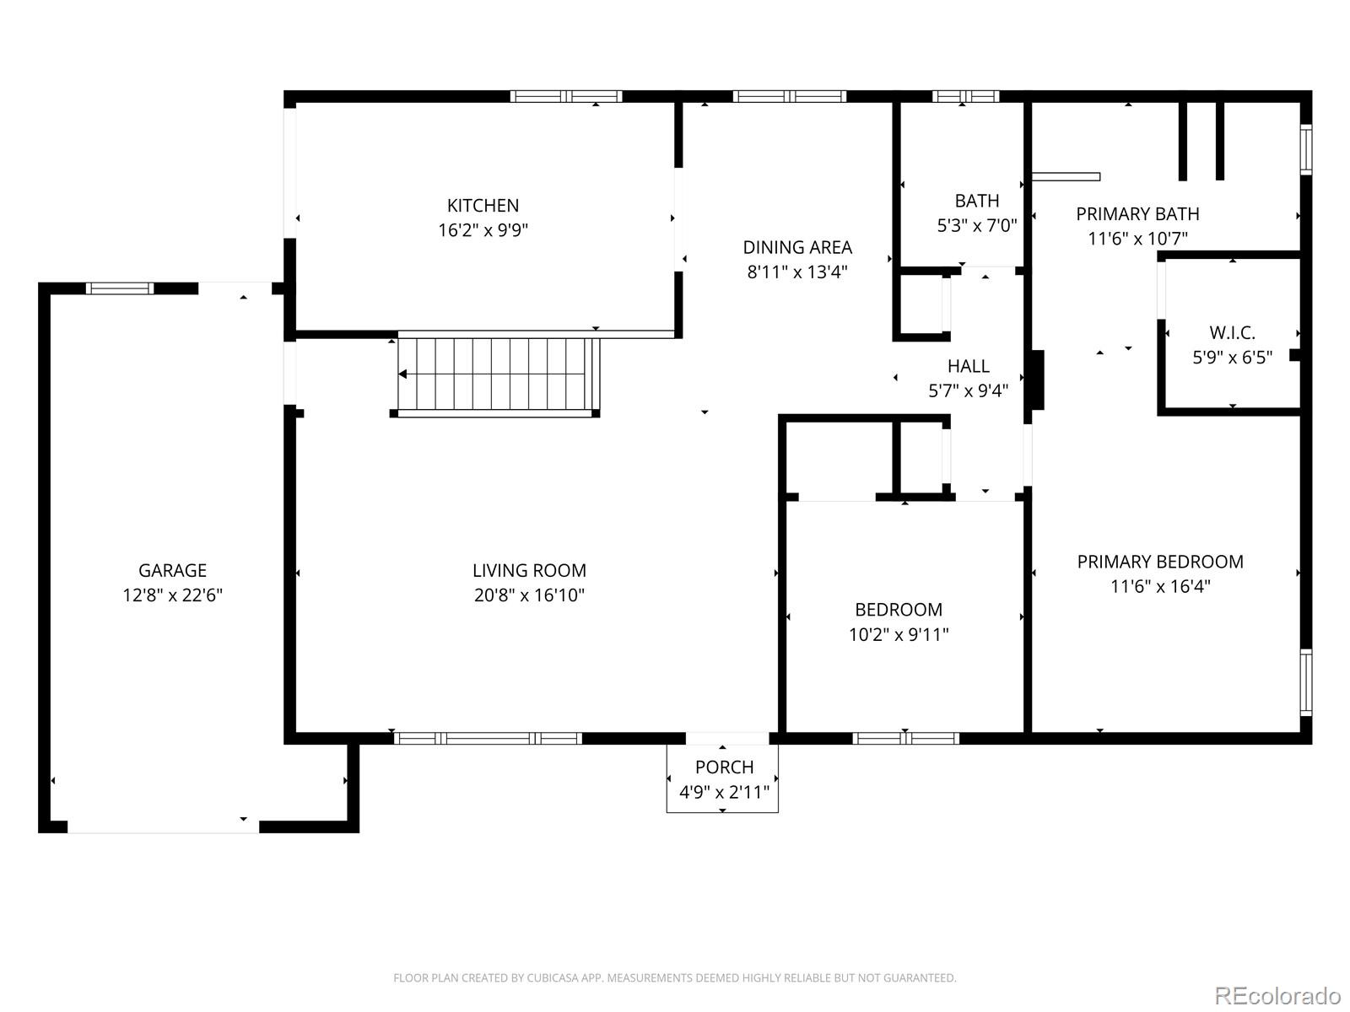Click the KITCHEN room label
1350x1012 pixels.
coord(483,205)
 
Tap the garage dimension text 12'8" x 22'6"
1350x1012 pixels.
coord(172,595)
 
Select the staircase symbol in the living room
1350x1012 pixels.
coord(498,374)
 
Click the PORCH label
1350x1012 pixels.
coord(724,767)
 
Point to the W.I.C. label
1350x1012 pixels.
coord(1232,332)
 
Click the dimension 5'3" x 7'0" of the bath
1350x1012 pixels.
coord(977,226)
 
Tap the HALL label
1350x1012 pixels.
coord(968,366)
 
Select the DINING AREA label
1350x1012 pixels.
coord(797,247)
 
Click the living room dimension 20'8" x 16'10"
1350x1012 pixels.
coord(529,595)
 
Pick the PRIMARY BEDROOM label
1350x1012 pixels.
coord(1160,562)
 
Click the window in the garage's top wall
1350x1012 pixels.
coord(121,288)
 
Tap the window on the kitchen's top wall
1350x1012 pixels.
coord(566,96)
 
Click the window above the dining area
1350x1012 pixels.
coord(789,96)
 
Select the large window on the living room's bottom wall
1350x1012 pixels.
coord(488,739)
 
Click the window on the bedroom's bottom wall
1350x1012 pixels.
coord(905,739)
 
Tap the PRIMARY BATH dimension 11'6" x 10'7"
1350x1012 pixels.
coord(1137,239)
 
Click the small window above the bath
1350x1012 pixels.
coord(965,96)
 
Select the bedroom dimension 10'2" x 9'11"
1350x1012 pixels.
coord(899,634)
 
